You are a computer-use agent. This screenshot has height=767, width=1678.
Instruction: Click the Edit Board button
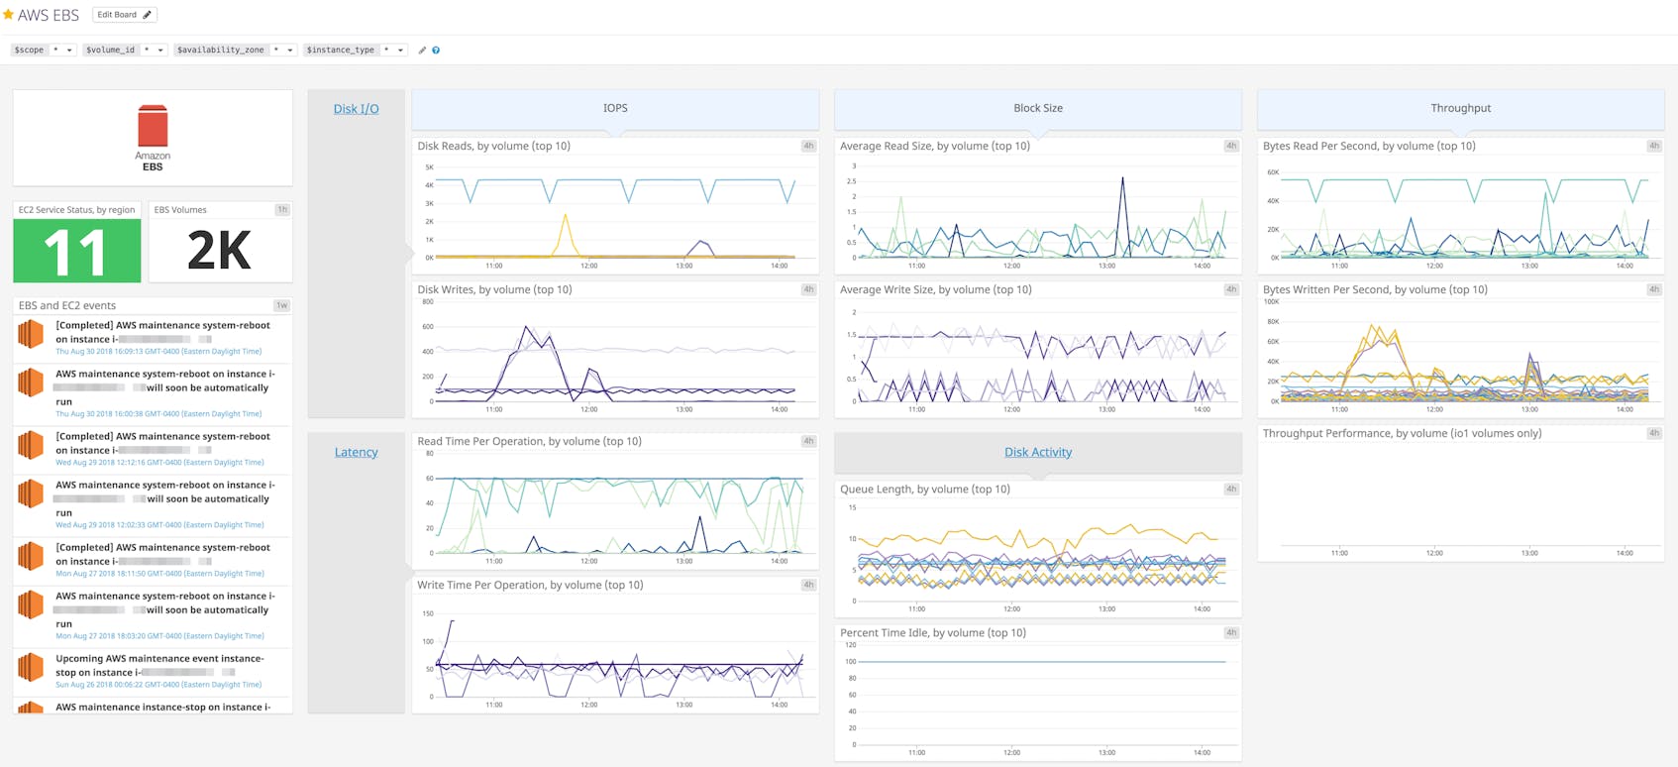click(x=124, y=15)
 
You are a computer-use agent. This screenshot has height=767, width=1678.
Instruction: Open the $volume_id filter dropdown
click(x=125, y=50)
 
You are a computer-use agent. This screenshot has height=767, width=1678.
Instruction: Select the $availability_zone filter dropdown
click(x=235, y=50)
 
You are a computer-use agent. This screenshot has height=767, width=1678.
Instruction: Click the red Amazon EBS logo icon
click(x=153, y=127)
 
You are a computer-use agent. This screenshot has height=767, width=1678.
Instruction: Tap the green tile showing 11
click(x=76, y=251)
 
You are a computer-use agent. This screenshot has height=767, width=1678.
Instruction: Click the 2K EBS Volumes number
click(x=219, y=251)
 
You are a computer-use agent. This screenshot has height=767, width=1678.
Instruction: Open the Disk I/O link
click(x=356, y=109)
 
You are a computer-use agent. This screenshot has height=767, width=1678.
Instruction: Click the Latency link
click(x=356, y=452)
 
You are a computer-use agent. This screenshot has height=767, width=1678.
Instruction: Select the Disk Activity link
click(x=1037, y=452)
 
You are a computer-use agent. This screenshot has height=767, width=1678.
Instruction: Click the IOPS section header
click(x=615, y=108)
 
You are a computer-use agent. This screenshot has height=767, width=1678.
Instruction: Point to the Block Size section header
click(x=1037, y=108)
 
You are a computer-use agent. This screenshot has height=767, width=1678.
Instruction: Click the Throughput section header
click(x=1460, y=108)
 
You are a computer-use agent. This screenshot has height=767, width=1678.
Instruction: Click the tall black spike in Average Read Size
click(x=1122, y=181)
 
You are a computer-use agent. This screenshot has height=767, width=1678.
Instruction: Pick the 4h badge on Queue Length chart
click(x=1231, y=489)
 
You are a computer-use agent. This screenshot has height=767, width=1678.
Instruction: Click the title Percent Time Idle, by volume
click(x=932, y=632)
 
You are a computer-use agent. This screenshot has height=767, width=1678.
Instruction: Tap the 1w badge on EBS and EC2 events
click(x=282, y=305)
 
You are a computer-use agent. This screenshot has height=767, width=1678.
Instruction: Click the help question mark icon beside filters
click(x=436, y=50)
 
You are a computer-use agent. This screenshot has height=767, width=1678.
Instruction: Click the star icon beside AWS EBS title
click(x=9, y=15)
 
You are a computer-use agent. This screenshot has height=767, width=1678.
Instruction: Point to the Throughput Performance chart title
click(x=1402, y=433)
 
